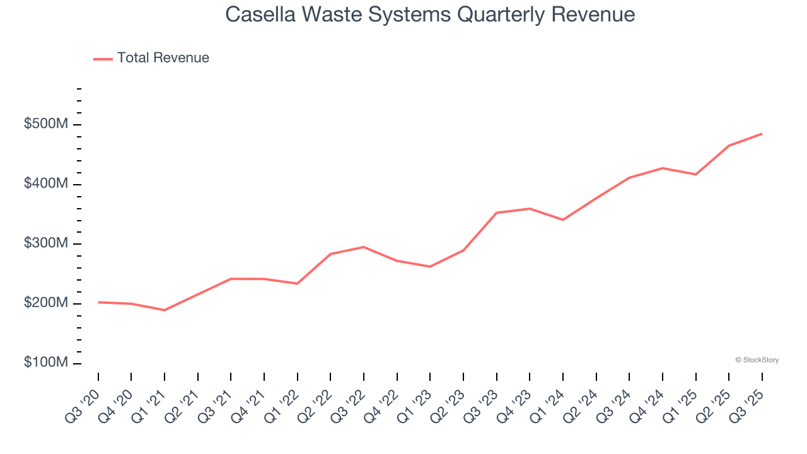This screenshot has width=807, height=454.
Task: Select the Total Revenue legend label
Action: pos(163,58)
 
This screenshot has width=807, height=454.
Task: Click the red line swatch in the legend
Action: pos(103,59)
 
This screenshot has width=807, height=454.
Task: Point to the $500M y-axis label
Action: pos(45,124)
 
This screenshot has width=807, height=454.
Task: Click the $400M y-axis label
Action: pos(45,184)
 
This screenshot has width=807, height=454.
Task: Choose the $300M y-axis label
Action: pos(45,243)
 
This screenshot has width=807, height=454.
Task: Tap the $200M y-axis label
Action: pos(45,303)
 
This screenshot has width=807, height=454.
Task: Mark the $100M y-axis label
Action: pos(45,363)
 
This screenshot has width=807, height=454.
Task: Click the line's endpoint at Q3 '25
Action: pos(762,134)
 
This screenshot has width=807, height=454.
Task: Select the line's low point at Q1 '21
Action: pos(165,310)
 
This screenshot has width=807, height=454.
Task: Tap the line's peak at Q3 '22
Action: pos(364,247)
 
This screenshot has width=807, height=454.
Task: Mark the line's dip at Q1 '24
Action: pos(563,220)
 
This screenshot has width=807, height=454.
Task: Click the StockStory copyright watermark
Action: pos(757,360)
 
